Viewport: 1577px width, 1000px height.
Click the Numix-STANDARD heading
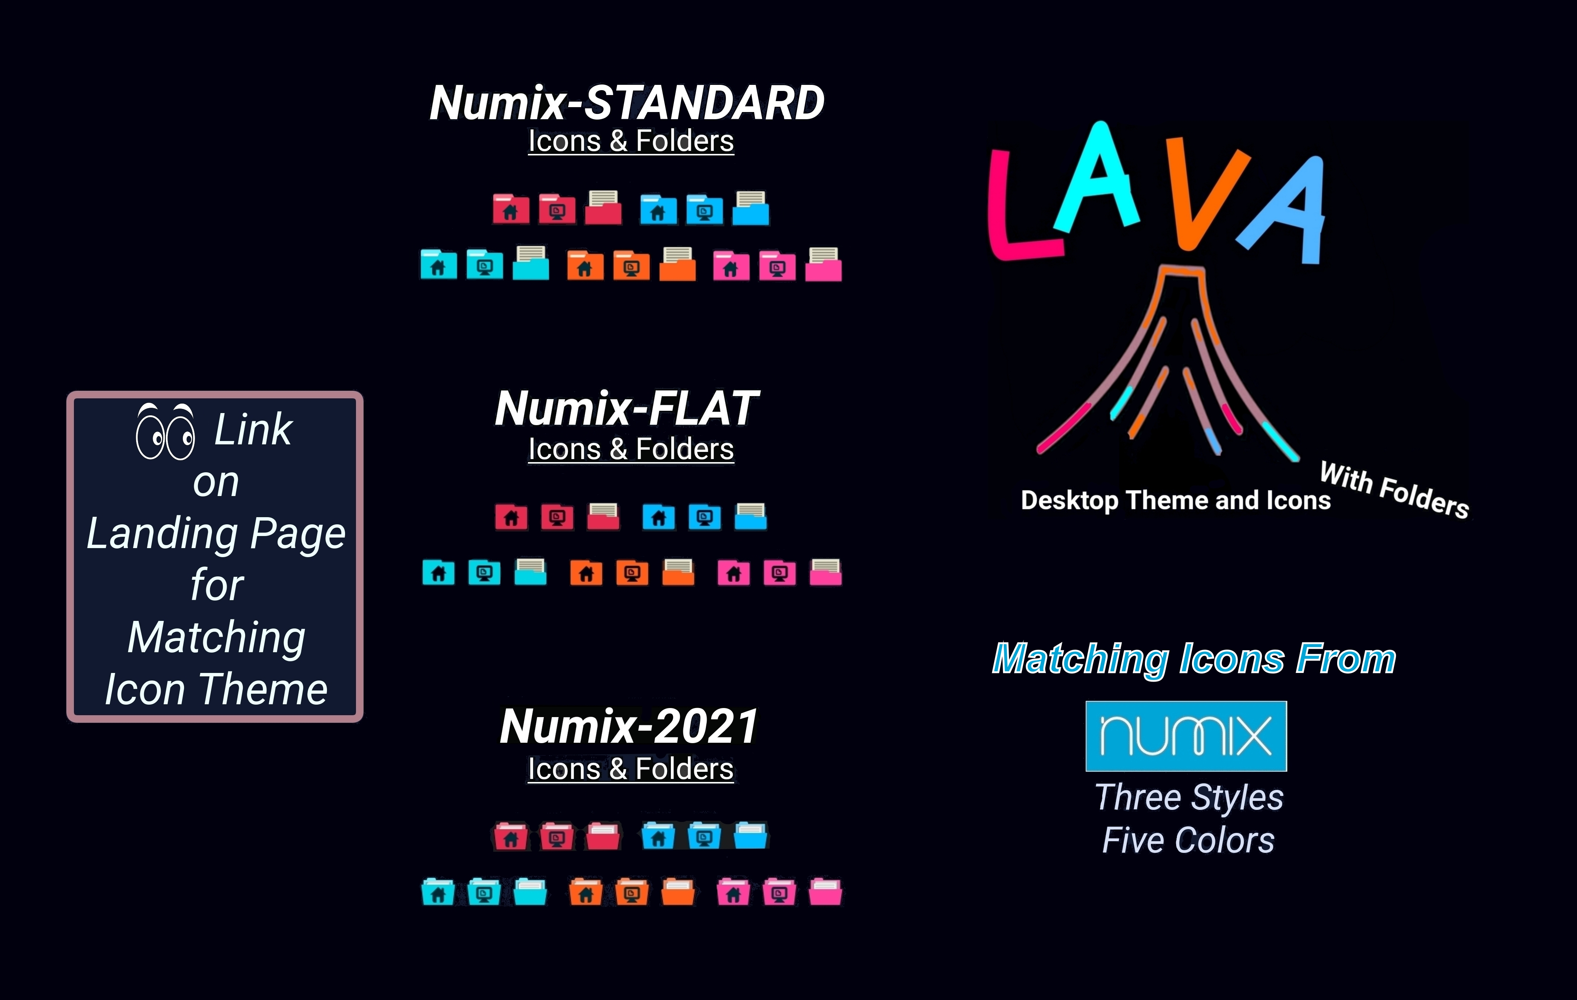(627, 103)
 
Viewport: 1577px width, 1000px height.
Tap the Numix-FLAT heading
(627, 408)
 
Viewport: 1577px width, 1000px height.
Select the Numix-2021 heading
(629, 726)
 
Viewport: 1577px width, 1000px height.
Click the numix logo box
(1186, 736)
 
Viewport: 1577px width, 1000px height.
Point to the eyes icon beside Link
(165, 431)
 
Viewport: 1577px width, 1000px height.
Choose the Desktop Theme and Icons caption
(1175, 501)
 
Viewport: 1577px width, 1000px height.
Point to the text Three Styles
(1189, 797)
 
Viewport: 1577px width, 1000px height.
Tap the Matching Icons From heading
(1194, 659)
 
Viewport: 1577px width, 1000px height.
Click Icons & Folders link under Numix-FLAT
(630, 450)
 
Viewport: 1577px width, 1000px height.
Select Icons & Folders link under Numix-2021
(630, 769)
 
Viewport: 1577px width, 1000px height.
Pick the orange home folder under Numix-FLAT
(586, 572)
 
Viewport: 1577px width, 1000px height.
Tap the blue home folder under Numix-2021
(658, 836)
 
